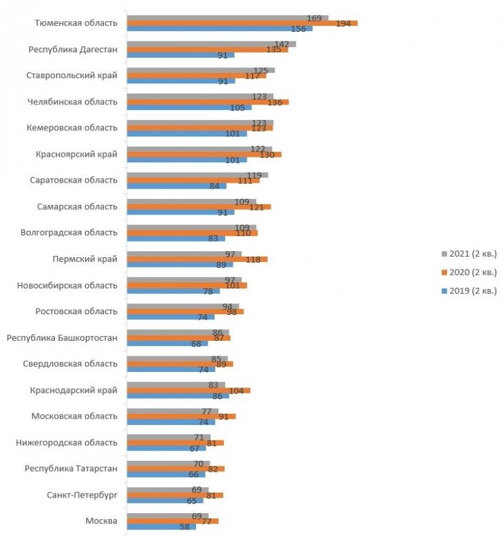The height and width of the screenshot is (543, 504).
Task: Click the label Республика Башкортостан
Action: point(62,337)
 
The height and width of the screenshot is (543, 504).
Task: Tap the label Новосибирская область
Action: point(67,285)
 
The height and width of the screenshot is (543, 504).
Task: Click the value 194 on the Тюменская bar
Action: point(343,23)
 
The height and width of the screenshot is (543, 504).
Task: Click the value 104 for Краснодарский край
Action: point(237,390)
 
